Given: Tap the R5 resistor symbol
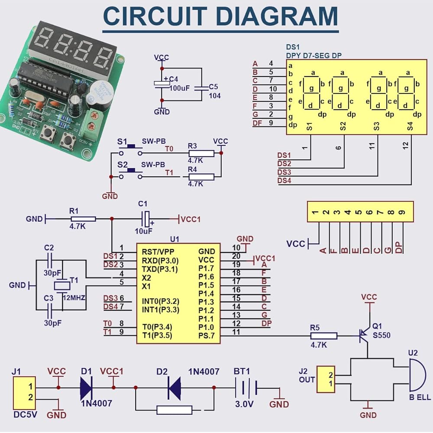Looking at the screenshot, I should (323, 336).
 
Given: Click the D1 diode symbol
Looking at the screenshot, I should (86, 387).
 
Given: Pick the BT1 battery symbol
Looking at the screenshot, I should (246, 387).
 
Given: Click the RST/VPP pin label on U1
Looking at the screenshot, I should (158, 251).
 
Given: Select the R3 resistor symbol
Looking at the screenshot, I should (201, 153).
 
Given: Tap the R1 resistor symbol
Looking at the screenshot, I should (82, 219).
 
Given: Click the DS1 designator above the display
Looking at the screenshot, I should (293, 47).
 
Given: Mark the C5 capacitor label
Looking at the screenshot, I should (213, 87).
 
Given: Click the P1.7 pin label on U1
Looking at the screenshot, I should (206, 268).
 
